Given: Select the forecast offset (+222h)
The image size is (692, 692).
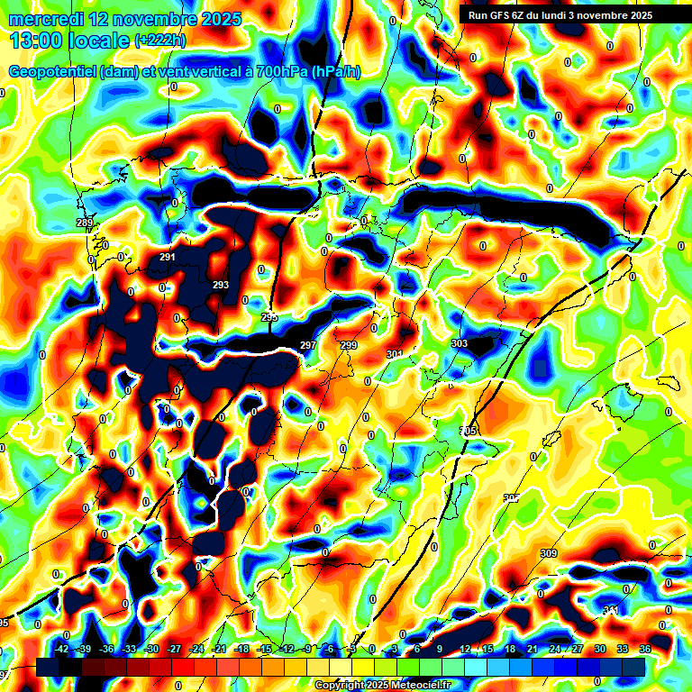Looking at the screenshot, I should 160,41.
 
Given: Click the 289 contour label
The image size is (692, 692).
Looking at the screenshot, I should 85,223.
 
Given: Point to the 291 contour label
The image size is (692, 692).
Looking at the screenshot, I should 168,257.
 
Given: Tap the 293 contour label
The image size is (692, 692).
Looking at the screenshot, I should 221,285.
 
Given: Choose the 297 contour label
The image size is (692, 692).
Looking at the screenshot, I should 308,345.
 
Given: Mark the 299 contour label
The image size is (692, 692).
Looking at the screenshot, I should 350,345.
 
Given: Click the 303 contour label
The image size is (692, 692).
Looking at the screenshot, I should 460,343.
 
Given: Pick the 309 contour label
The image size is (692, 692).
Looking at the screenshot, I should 549,553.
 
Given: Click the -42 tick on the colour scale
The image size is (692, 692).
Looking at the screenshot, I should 62,649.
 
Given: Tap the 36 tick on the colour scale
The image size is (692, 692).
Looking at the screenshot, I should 645,649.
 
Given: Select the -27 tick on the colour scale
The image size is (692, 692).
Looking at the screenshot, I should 175,649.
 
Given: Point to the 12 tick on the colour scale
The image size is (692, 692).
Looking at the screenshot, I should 465,649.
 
